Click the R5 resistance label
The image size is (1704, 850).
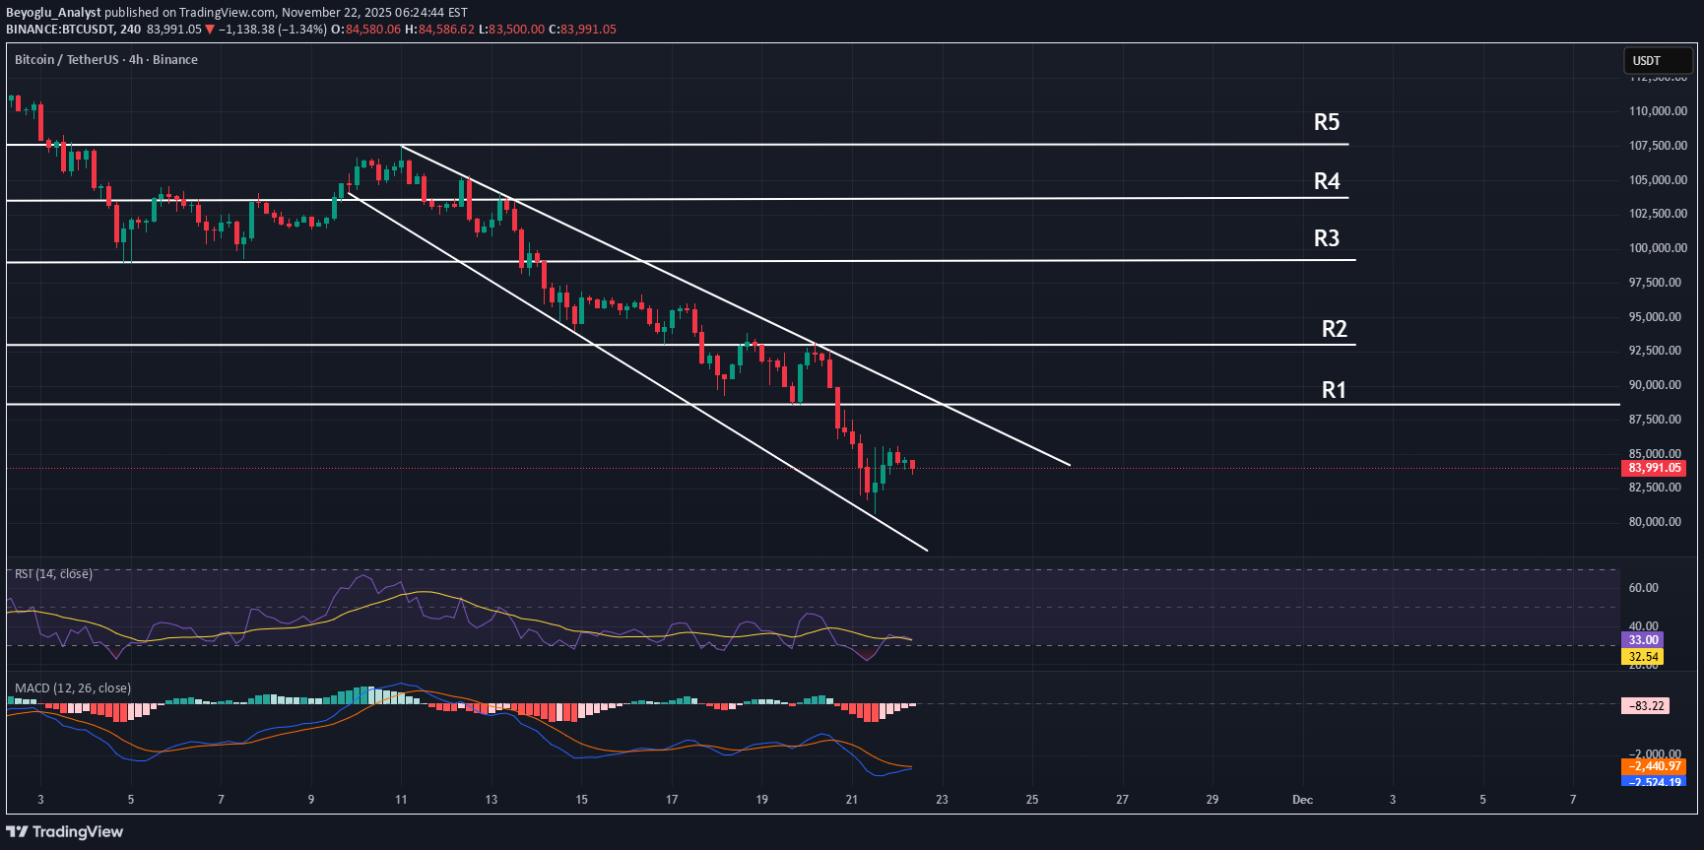[1327, 122]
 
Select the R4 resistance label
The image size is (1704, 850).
[1327, 181]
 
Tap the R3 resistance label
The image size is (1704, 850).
[1327, 238]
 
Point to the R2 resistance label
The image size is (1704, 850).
[1334, 329]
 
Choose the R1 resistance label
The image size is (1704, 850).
[1334, 390]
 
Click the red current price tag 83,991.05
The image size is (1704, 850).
[1654, 468]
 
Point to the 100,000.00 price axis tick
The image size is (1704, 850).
[1658, 248]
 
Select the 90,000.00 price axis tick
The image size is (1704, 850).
[1658, 385]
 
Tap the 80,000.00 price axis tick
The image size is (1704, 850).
[1658, 522]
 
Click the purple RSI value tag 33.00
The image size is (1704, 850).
[1642, 640]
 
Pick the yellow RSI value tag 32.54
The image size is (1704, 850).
[1642, 657]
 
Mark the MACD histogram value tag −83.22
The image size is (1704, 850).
[1646, 706]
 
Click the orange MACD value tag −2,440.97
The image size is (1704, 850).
[1654, 766]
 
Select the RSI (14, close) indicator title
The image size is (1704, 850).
[54, 574]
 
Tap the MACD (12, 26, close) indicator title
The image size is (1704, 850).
[73, 688]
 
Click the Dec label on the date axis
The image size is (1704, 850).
[1302, 800]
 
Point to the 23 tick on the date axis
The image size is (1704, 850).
[942, 800]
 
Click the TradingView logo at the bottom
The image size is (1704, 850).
[65, 832]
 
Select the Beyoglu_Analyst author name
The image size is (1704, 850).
[53, 13]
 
